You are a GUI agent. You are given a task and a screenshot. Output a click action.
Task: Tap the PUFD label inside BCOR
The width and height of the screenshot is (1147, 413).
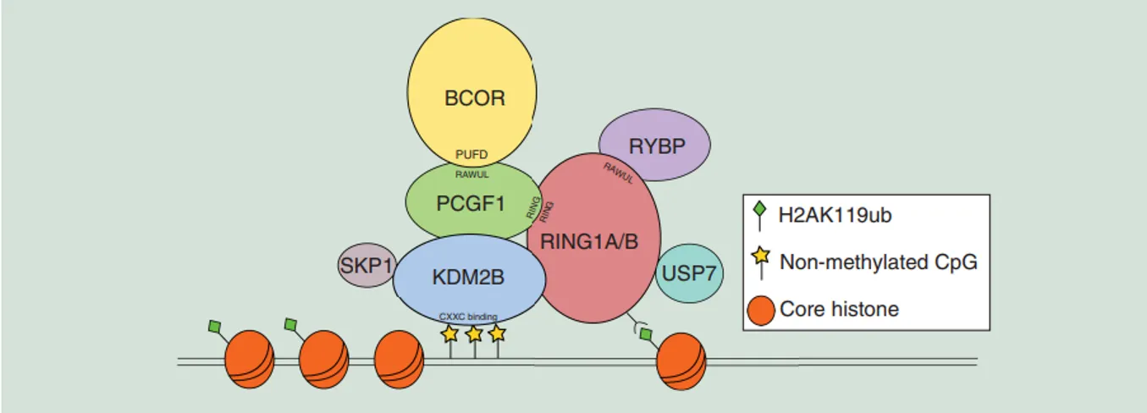[471, 154]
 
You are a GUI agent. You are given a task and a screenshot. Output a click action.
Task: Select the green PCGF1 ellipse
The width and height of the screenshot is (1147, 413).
[471, 203]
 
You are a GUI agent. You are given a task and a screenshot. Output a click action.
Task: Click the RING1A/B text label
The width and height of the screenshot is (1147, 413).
[589, 242]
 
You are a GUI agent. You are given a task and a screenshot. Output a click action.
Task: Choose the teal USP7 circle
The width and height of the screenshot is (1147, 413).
[689, 274]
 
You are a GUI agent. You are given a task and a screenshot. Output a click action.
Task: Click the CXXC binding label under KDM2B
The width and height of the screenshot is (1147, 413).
[468, 317]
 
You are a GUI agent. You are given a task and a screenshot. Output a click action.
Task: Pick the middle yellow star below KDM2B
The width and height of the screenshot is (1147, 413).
[474, 333]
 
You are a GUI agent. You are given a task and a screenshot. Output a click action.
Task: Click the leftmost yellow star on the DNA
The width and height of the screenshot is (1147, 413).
[449, 333]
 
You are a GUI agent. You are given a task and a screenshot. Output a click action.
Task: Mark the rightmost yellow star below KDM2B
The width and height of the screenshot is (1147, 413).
[498, 333]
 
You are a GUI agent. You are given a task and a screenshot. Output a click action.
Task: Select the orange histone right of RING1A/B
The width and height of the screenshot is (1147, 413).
[681, 359]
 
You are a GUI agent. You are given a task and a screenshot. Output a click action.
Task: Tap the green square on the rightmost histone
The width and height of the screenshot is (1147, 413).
[646, 335]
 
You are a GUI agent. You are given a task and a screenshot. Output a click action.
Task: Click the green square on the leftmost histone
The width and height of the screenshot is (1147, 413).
[214, 326]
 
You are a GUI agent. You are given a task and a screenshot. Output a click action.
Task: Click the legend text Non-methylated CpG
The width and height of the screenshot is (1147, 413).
[878, 262]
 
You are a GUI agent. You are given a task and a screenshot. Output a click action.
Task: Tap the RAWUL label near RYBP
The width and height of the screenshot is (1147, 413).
[619, 173]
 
